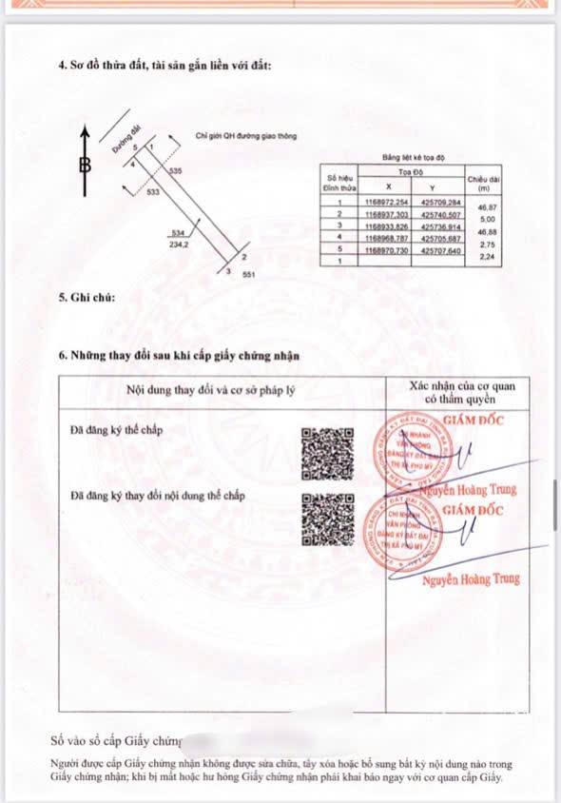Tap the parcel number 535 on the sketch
pos(175,169)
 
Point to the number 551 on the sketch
pos(249,274)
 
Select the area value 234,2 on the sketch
pos(178,244)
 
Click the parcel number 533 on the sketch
pos(153,191)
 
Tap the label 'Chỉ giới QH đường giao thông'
pos(245,136)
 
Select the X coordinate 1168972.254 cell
pos(386,203)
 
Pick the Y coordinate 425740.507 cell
pos(440,216)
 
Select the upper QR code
pos(327,454)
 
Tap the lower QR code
pos(327,519)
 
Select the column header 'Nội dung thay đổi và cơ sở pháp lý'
pos(222,390)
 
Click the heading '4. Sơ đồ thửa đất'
pos(164,66)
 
